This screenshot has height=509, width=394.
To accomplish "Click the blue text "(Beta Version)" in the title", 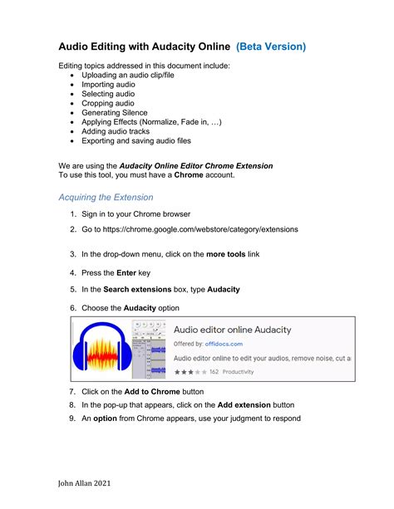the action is (271, 46).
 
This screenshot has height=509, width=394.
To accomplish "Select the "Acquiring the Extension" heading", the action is (106, 198).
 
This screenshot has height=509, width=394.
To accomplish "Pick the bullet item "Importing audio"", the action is (108, 84).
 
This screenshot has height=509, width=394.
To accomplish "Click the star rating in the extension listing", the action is (189, 372).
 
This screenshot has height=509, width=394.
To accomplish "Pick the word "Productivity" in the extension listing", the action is (238, 372).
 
